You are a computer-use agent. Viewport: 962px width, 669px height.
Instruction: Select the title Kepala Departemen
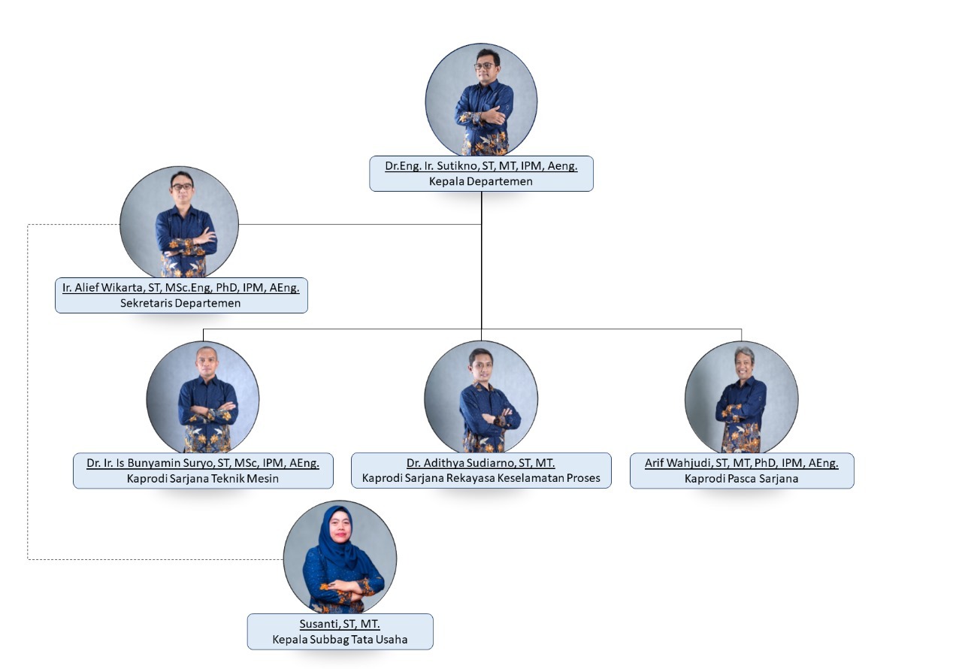click(481, 181)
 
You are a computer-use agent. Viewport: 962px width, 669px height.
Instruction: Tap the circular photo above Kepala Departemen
click(481, 100)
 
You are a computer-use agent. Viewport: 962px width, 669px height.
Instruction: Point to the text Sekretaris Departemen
click(181, 303)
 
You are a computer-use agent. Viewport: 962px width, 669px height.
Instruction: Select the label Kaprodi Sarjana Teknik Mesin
click(203, 478)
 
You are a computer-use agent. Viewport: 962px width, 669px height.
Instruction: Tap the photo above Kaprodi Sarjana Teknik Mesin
click(203, 397)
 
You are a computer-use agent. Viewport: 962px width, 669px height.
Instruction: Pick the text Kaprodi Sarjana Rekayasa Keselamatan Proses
click(481, 478)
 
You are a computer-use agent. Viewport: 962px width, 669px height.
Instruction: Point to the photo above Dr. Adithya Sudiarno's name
click(481, 397)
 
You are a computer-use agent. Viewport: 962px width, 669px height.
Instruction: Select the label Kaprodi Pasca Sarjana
click(741, 478)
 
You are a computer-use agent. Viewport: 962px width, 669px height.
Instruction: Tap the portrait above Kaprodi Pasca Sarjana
click(741, 397)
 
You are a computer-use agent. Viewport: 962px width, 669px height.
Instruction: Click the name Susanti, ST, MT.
click(340, 625)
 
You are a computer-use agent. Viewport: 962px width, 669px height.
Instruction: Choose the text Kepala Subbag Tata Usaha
click(340, 640)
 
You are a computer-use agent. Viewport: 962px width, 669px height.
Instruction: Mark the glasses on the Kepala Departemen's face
click(483, 66)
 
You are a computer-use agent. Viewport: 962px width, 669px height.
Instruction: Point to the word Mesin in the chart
click(263, 478)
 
